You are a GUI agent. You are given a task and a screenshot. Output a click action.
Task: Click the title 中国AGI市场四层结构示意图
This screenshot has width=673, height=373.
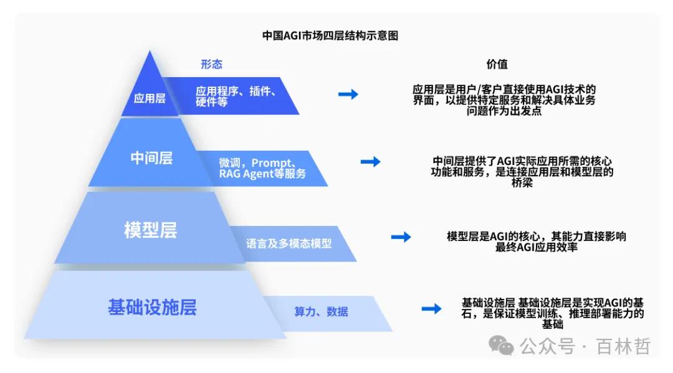point(330,35)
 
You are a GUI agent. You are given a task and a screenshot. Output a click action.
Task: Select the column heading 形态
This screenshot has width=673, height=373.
point(211,64)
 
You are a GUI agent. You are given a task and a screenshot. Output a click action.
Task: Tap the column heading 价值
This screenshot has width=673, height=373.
point(497,64)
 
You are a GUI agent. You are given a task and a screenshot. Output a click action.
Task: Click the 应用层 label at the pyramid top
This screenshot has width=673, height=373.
point(150,98)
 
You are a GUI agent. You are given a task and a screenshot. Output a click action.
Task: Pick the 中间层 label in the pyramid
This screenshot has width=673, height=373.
point(151,158)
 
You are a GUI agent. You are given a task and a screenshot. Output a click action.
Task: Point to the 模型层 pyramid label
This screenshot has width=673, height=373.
point(150,230)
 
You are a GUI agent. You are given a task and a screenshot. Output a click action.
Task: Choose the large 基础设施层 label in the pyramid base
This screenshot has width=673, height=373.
point(152,307)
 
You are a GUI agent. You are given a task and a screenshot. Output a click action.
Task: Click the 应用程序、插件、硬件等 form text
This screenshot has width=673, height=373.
point(236,97)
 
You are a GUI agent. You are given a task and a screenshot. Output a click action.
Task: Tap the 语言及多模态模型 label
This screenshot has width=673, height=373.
point(289,243)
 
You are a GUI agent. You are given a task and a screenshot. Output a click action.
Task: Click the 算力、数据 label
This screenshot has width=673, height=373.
point(321,311)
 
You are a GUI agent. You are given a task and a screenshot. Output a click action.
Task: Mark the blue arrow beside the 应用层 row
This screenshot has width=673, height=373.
point(348,94)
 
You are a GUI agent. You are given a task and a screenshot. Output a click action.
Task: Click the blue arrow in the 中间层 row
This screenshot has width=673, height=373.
point(370,162)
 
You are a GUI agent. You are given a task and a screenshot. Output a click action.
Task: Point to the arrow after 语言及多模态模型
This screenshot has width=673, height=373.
point(401,237)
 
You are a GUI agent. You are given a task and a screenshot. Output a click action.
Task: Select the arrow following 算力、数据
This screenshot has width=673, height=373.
point(431,308)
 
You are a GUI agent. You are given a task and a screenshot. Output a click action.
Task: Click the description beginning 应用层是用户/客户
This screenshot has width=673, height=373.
point(504,100)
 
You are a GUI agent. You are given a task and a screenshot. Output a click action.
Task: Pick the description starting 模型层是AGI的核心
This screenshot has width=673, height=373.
point(537,242)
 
